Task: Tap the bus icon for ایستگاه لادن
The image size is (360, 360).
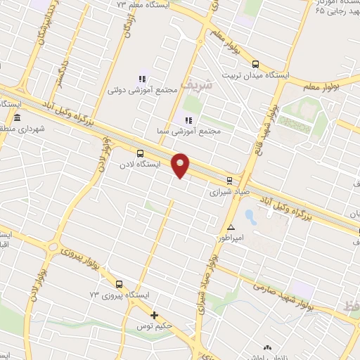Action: click(140, 153)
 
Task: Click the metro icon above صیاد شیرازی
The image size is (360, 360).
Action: click(229, 180)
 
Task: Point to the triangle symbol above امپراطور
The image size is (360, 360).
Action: click(231, 227)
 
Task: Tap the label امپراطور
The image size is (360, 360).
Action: click(247, 238)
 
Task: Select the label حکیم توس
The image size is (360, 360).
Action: click(174, 327)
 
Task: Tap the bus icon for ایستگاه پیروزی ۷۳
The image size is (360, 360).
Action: click(118, 285)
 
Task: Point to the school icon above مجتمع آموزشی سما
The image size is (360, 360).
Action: click(188, 120)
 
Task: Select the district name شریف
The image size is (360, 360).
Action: click(195, 84)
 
